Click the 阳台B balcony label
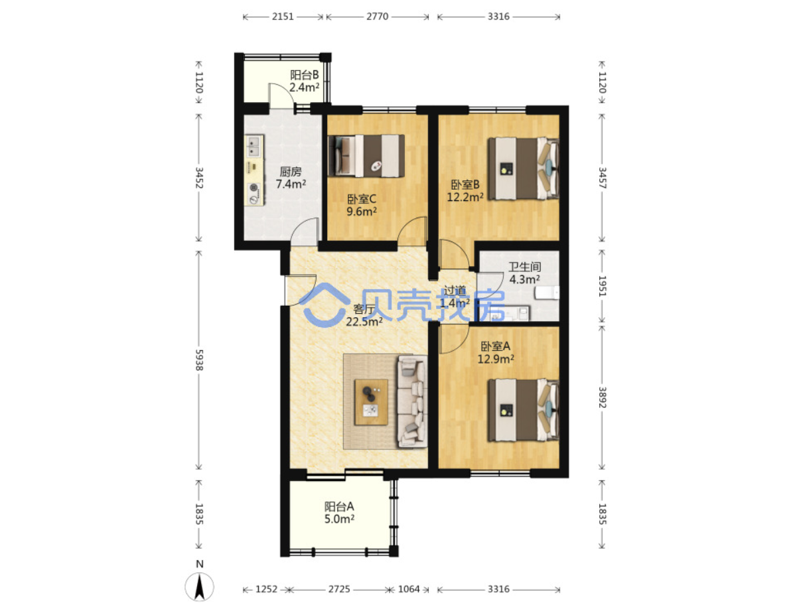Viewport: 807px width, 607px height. click(x=304, y=75)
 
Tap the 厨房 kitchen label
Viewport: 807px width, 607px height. click(x=291, y=172)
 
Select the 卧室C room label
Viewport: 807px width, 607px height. click(x=362, y=199)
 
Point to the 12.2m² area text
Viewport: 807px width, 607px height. click(x=465, y=197)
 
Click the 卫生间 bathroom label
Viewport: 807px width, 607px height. click(x=524, y=267)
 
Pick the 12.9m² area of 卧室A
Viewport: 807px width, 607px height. click(x=495, y=359)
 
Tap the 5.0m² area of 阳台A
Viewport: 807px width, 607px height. click(x=339, y=519)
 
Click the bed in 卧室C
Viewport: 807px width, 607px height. click(x=366, y=156)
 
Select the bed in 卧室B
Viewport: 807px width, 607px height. click(x=524, y=169)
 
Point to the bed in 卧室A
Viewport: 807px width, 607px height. click(x=524, y=410)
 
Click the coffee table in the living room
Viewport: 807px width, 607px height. click(x=370, y=402)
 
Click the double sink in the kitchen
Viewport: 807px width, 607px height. click(x=254, y=145)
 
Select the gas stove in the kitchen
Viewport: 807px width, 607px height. click(x=254, y=193)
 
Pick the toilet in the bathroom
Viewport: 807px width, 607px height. click(x=547, y=293)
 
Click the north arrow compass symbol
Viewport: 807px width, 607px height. click(x=199, y=587)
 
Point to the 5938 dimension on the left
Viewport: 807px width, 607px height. click(x=199, y=360)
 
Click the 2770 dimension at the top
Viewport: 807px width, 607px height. click(x=377, y=17)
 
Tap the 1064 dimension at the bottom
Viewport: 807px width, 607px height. click(x=409, y=589)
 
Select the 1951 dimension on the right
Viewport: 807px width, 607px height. click(x=602, y=286)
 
